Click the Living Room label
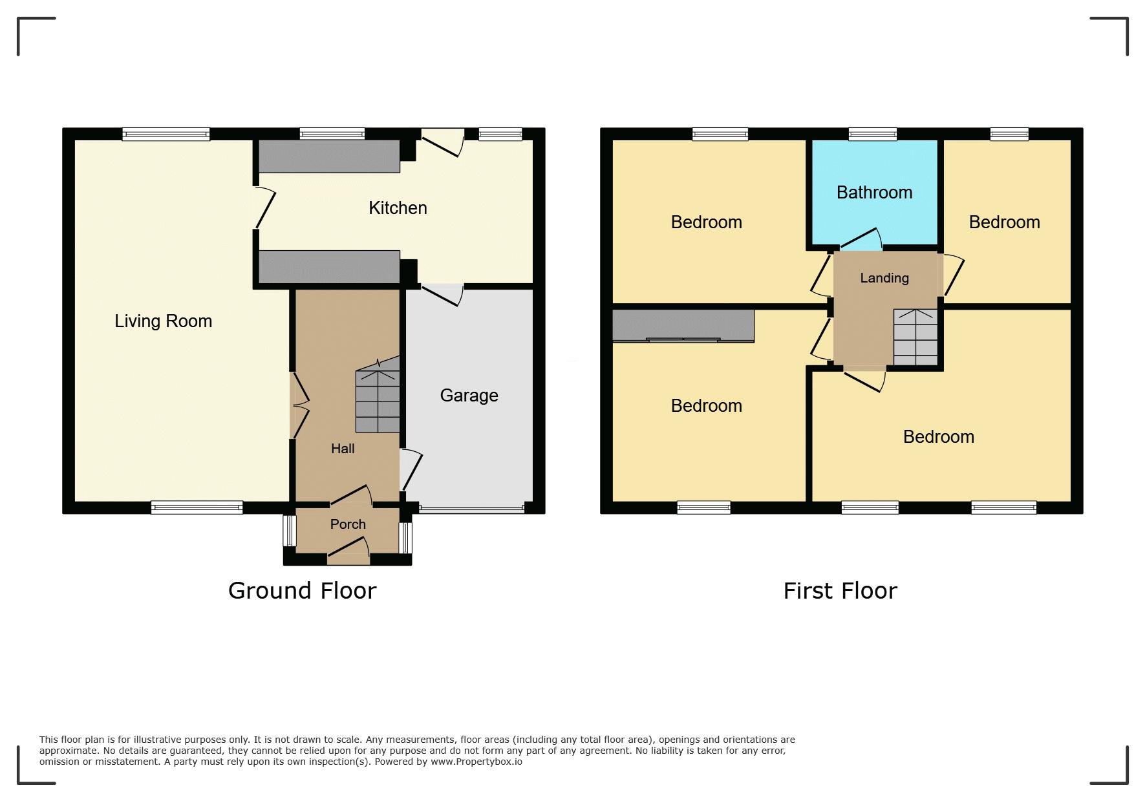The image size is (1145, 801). [163, 321]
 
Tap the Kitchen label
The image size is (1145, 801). [398, 208]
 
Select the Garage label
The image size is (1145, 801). [469, 396]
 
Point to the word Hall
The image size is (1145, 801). [343, 449]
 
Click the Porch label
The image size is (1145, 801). [348, 524]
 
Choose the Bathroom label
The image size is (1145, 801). [874, 193]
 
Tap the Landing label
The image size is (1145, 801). [884, 278]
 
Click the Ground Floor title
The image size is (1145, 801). [302, 591]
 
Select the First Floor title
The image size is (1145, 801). [840, 591]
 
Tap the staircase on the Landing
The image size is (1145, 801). [915, 337]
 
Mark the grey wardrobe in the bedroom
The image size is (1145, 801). [683, 326]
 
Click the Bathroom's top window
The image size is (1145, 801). [873, 134]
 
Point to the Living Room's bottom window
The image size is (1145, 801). [197, 508]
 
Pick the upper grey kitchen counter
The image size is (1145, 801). [329, 156]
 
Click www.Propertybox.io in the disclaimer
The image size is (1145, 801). [476, 762]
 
